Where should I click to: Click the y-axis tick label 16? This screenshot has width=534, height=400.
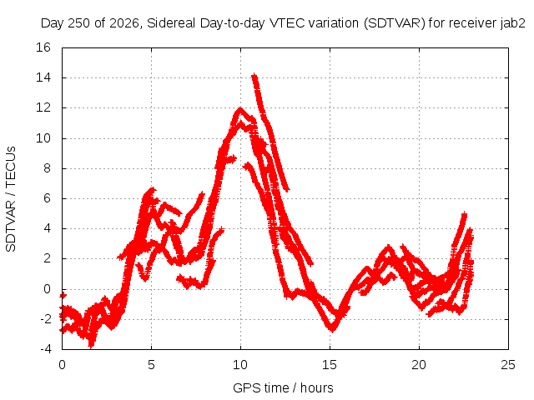(43, 47)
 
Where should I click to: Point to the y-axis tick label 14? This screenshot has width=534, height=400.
(43, 77)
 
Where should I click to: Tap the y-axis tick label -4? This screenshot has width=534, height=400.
(45, 349)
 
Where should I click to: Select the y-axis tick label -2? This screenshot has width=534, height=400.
(45, 319)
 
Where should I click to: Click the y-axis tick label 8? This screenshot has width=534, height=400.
(47, 168)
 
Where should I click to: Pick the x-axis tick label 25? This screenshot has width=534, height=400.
(508, 365)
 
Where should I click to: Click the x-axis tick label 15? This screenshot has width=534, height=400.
(330, 365)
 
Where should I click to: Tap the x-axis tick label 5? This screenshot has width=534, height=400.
(151, 365)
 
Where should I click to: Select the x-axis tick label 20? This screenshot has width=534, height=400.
(419, 365)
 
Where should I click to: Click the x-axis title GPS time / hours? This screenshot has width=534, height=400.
(283, 388)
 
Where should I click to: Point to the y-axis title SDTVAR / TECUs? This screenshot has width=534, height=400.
(11, 199)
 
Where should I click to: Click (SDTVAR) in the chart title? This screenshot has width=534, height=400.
(395, 23)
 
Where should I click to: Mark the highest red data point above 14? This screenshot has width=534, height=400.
(254, 75)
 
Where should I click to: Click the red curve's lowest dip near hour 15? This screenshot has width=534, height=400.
(332, 330)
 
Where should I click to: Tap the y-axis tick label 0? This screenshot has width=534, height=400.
(47, 289)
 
